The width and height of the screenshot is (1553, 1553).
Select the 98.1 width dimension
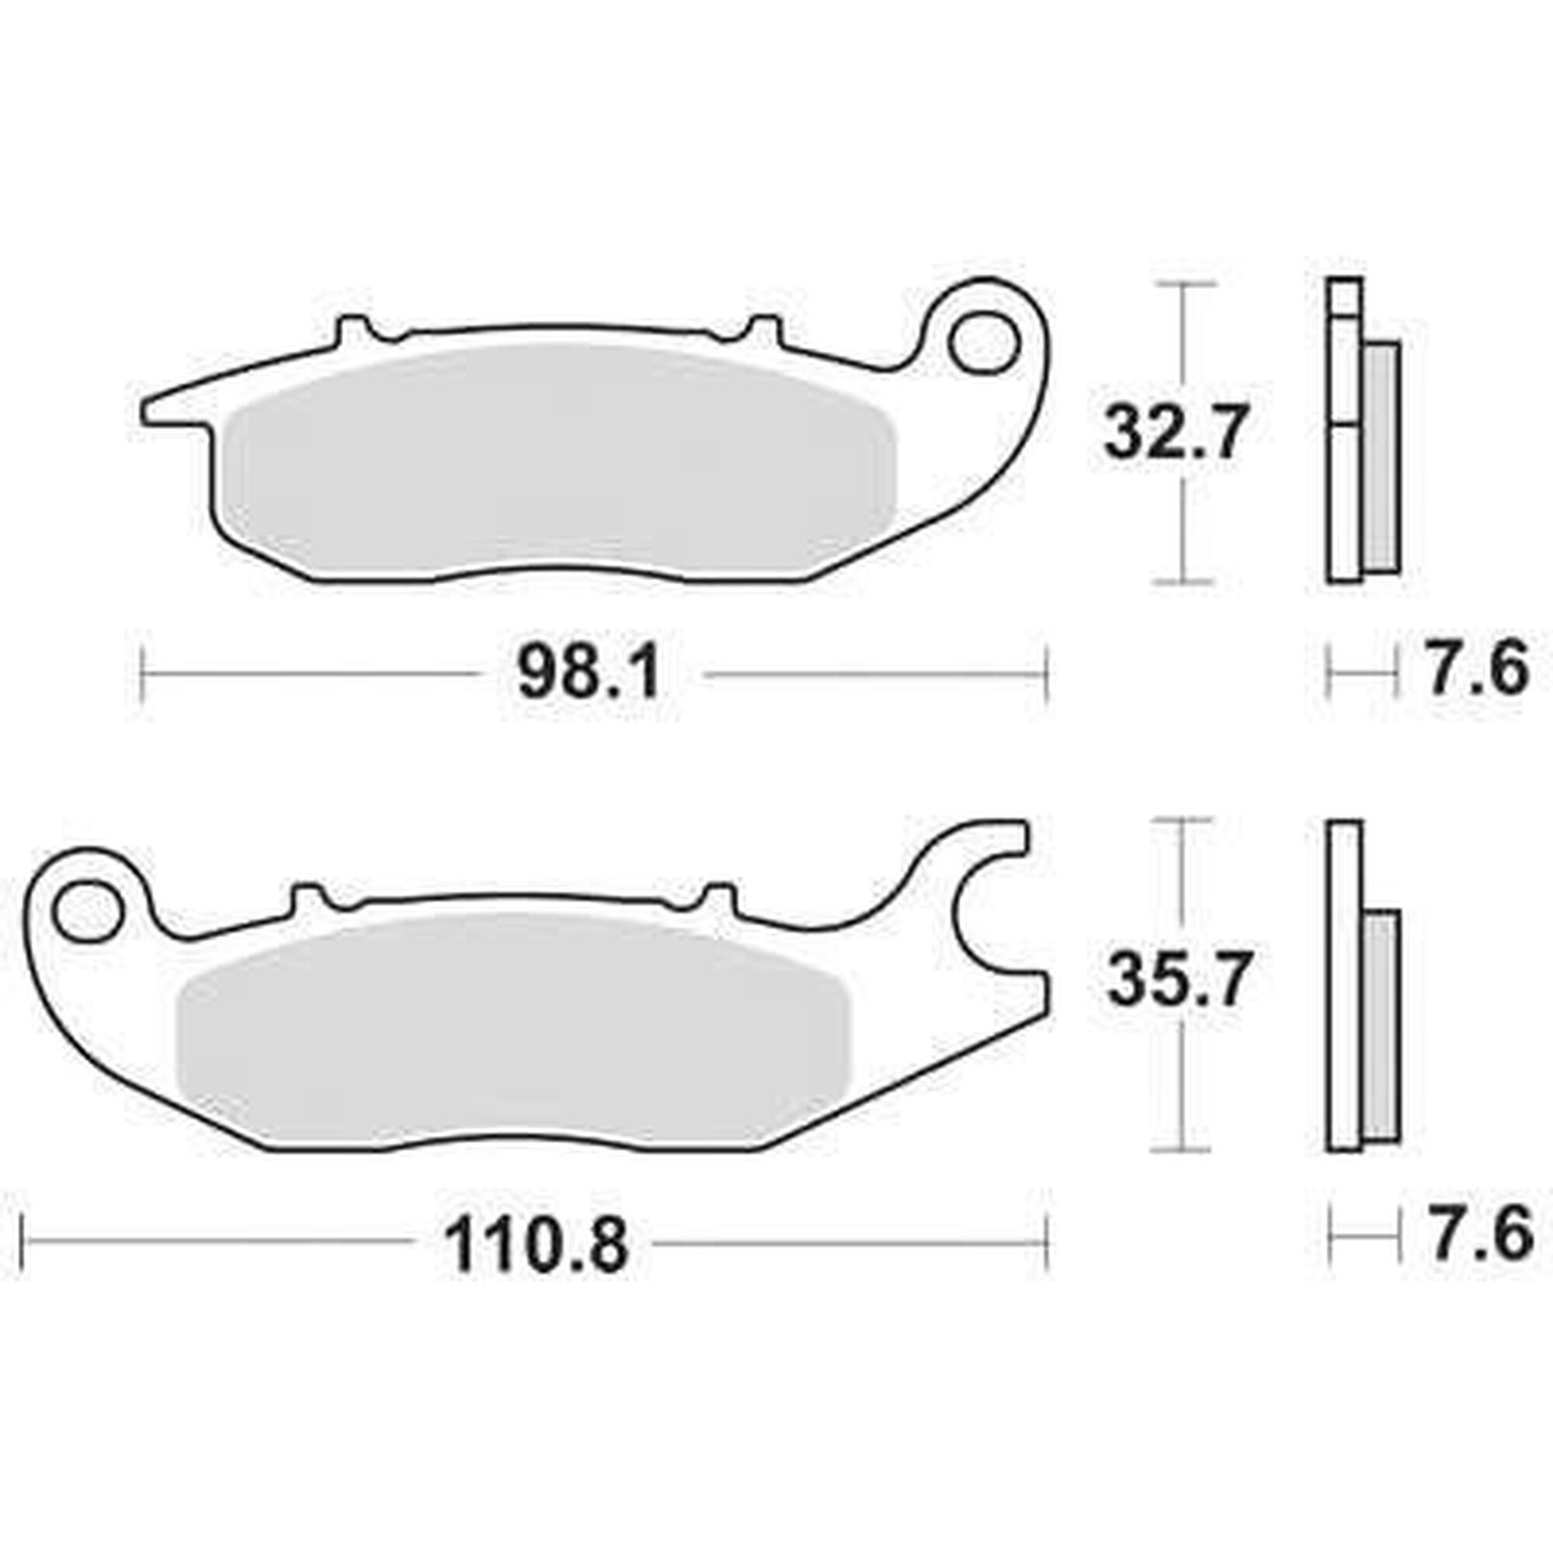589,675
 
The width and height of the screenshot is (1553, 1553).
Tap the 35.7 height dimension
1178,979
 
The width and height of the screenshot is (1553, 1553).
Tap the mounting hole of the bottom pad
90,911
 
